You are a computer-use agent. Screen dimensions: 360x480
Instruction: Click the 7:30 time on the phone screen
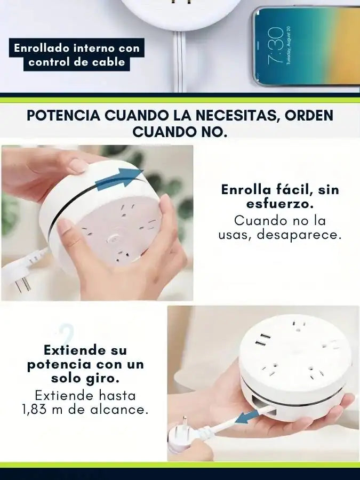[275, 46]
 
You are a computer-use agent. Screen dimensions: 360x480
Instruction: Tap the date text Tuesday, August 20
[289, 45]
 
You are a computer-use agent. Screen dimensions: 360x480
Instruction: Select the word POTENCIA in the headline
[63, 116]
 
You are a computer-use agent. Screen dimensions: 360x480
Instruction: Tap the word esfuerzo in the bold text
[280, 204]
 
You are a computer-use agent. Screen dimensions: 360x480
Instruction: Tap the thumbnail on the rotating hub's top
[76, 166]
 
